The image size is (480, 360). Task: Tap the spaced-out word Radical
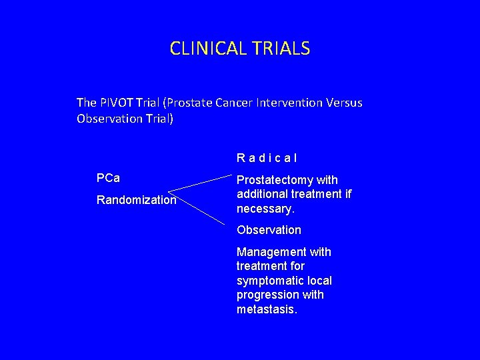click(267, 159)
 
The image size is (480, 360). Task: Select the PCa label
click(108, 179)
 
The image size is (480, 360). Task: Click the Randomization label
click(137, 200)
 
